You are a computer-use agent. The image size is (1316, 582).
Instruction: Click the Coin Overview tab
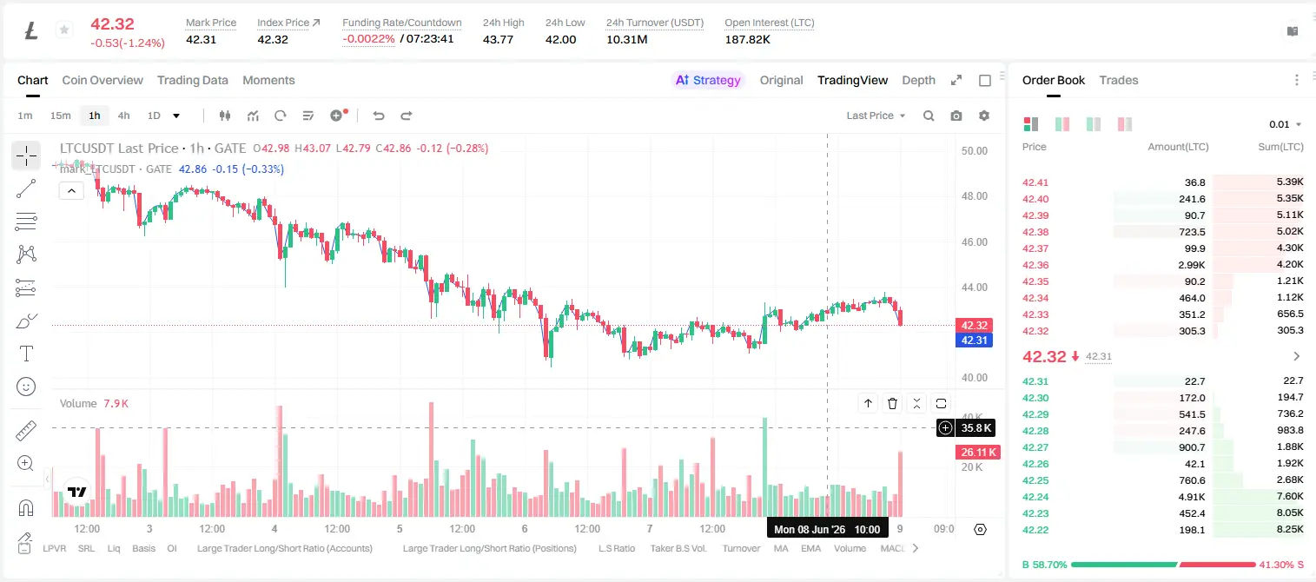tap(103, 80)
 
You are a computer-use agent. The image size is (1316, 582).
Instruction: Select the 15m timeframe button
tap(60, 116)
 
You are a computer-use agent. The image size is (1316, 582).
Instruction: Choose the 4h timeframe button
tap(123, 116)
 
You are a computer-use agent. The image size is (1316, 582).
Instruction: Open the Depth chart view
tap(918, 80)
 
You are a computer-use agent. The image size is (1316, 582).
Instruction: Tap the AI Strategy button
tap(708, 80)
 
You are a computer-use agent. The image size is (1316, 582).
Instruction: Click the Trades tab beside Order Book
tap(1119, 80)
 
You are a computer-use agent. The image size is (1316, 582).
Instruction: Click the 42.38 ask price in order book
tap(1035, 232)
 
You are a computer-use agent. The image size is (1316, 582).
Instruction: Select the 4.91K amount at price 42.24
tap(1192, 497)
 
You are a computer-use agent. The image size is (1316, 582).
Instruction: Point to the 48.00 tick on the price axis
tap(975, 196)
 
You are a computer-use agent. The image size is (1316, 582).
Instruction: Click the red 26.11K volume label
tap(977, 453)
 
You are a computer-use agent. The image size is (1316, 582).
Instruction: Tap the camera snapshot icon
tap(956, 116)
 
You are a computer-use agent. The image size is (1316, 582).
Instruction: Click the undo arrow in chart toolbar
tap(379, 116)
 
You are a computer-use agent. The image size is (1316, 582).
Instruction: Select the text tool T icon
tap(26, 354)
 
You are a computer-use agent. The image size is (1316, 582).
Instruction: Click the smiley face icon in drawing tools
tap(26, 387)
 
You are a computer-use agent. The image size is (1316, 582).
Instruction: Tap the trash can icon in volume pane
tap(892, 403)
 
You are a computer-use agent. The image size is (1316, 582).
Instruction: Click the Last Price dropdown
tap(876, 116)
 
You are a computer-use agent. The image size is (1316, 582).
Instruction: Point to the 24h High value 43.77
tap(499, 39)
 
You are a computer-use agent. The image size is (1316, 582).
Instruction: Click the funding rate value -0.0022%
tap(368, 39)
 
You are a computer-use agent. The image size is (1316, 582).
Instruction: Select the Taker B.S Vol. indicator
tap(678, 548)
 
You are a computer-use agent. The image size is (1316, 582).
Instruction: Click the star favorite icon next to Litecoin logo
tap(64, 30)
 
